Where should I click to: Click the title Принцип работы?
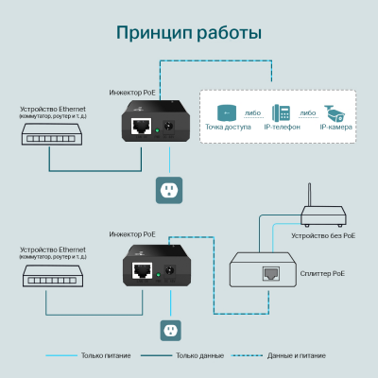(188, 33)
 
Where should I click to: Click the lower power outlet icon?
(170, 330)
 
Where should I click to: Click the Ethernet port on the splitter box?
(275, 274)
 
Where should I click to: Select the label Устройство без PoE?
(323, 234)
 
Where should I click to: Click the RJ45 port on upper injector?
(142, 126)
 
